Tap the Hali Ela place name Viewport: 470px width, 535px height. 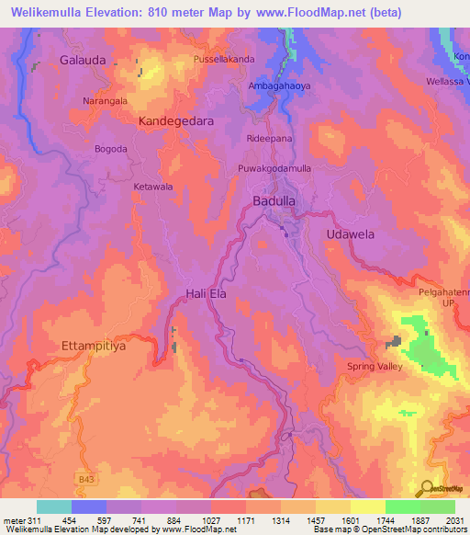tap(201, 293)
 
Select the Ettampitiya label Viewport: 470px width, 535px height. tap(92, 347)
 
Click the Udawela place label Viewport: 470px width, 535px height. tap(351, 234)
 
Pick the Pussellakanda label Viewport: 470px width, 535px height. tap(224, 60)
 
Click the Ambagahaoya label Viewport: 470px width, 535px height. tap(279, 85)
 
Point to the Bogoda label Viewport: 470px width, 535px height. tap(110, 149)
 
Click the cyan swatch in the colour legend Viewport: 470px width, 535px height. tap(54, 507)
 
